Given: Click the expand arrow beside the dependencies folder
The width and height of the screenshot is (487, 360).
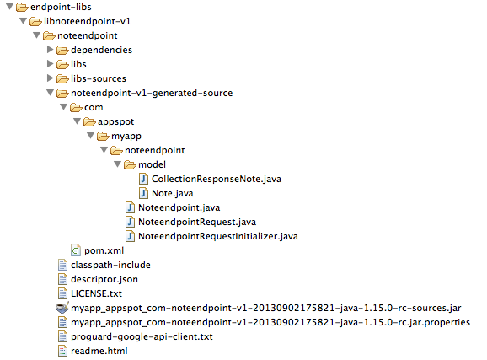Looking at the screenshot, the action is [x=50, y=50].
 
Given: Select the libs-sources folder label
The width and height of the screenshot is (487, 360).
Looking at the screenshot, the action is [x=99, y=78].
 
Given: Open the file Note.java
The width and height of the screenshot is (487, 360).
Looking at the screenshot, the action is [x=173, y=193].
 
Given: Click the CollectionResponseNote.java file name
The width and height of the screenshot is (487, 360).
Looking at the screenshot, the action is [x=217, y=179].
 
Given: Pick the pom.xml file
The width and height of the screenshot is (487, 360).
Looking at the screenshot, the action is [x=104, y=250].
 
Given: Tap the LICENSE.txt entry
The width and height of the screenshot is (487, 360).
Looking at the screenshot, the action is [x=96, y=293].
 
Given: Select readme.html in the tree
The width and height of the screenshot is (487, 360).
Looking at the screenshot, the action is [x=99, y=351].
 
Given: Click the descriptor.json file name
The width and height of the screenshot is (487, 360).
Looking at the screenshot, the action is [x=104, y=279].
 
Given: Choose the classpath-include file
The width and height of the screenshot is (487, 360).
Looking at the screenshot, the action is [x=110, y=266].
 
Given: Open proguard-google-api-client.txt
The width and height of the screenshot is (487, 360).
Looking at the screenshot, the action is [x=142, y=336].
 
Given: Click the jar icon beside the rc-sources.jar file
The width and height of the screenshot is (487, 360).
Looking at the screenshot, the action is [x=62, y=308].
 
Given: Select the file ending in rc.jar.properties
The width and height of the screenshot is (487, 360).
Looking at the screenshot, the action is [x=270, y=322].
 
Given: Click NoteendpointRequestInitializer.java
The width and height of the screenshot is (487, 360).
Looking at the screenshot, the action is [x=218, y=236].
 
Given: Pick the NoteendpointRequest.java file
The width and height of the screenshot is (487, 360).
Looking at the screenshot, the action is [x=197, y=222].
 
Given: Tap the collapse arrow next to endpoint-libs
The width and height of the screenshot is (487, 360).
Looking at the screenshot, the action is [x=9, y=7].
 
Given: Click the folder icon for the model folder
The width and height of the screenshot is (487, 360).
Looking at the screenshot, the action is [x=130, y=164].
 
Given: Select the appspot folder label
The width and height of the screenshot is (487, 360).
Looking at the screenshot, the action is [x=115, y=122].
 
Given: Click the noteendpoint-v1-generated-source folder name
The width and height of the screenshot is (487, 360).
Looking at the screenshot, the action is [x=152, y=93].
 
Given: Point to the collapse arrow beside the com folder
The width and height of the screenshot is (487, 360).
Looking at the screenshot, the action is [x=64, y=107].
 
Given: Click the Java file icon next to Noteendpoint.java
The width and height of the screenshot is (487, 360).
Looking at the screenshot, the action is [x=130, y=207].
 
